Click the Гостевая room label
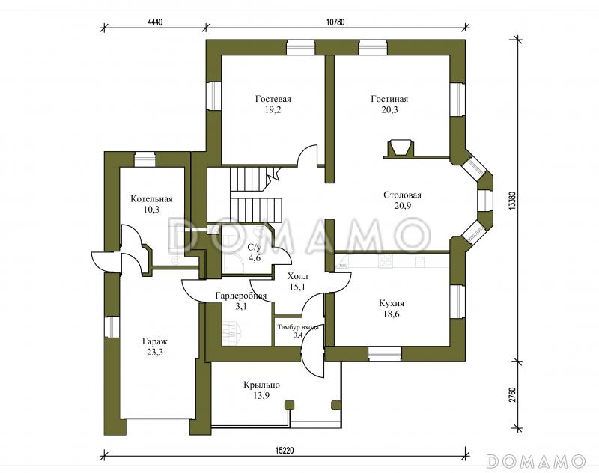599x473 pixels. click(273, 100)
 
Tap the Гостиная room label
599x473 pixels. click(389, 100)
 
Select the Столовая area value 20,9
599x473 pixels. click(403, 206)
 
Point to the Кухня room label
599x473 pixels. click(392, 304)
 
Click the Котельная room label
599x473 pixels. click(152, 199)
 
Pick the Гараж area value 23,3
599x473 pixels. click(155, 352)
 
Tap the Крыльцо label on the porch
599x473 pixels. click(261, 385)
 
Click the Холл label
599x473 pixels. click(297, 276)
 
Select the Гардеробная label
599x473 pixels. click(240, 296)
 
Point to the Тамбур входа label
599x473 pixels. click(298, 327)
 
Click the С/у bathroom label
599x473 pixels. click(254, 247)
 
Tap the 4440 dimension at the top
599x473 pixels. click(155, 22)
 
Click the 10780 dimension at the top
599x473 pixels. click(335, 22)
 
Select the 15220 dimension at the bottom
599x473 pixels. click(285, 451)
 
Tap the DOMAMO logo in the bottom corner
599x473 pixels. click(536, 461)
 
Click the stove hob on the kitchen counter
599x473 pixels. click(385, 260)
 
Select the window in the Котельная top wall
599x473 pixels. click(145, 159)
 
